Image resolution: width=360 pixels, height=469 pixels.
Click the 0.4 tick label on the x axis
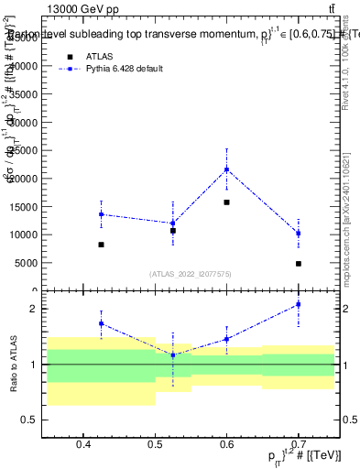click(x=82, y=446)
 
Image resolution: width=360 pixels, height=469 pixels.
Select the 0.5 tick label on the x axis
click(x=155, y=446)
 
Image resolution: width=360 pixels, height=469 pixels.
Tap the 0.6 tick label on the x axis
click(x=226, y=446)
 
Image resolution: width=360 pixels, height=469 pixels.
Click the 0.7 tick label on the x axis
click(x=299, y=446)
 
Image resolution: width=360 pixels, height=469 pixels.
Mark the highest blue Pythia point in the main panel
click(x=226, y=169)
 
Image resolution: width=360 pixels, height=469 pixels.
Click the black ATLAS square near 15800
click(x=226, y=202)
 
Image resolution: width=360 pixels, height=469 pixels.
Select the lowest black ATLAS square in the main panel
click(x=299, y=264)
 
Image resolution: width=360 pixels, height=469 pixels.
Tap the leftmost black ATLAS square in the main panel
click(x=101, y=245)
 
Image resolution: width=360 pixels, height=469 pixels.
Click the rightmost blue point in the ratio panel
click(x=299, y=304)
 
